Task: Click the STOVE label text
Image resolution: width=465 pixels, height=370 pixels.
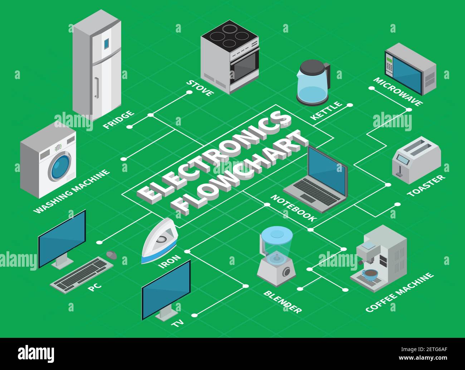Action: [x=200, y=88]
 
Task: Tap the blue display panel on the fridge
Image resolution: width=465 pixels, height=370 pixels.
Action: [x=107, y=44]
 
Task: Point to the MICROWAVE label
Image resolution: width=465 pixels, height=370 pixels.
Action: [x=398, y=92]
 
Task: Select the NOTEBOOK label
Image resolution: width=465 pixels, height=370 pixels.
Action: [x=294, y=208]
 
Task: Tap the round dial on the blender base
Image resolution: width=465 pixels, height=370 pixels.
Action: [x=287, y=271]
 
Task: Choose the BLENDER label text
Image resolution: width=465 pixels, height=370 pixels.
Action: [x=283, y=302]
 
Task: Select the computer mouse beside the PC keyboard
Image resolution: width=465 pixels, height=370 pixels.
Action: [x=112, y=255]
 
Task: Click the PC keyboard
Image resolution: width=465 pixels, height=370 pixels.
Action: [x=81, y=275]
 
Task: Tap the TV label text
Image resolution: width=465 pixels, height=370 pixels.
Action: [x=177, y=323]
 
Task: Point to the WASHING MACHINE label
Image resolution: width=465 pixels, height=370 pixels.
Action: [x=72, y=191]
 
